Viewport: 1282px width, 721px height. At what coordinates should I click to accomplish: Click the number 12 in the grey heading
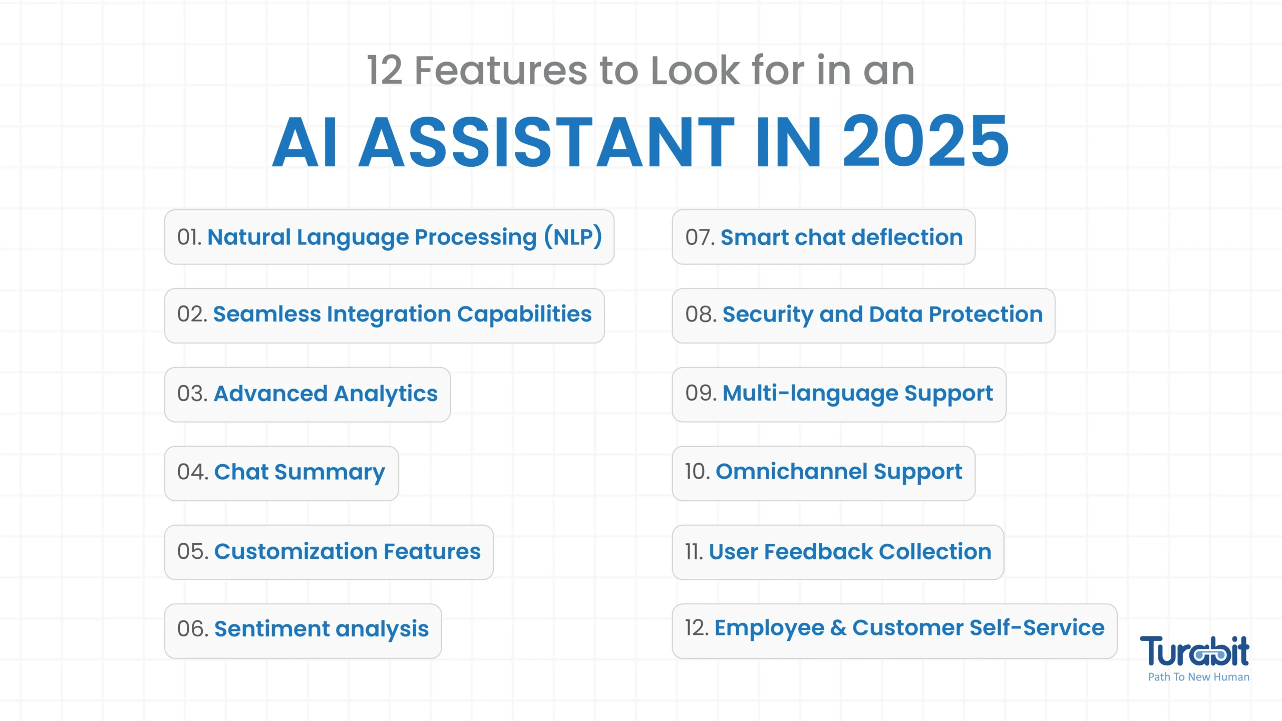pyautogui.click(x=385, y=71)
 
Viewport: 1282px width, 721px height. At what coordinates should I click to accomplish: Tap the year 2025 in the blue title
pyautogui.click(x=925, y=141)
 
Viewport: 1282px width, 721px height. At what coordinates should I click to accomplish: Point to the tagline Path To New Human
pyautogui.click(x=1198, y=677)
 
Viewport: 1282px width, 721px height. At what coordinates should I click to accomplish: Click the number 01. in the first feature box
pyautogui.click(x=189, y=237)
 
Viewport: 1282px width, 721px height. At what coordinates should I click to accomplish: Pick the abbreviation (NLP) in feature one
pyautogui.click(x=573, y=237)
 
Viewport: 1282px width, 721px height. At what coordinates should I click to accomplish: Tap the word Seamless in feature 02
pyautogui.click(x=267, y=314)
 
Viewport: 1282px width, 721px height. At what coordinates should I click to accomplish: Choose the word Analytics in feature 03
pyautogui.click(x=386, y=394)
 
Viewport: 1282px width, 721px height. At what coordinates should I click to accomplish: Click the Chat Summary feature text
pyautogui.click(x=299, y=473)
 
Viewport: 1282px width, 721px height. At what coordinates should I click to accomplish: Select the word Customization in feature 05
pyautogui.click(x=296, y=552)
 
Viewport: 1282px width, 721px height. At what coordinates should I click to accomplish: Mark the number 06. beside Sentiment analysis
pyautogui.click(x=193, y=629)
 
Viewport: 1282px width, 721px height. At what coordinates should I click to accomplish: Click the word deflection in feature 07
pyautogui.click(x=907, y=237)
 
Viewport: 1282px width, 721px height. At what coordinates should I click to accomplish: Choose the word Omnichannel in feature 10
pyautogui.click(x=792, y=472)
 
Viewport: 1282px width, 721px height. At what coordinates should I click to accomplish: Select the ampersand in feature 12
pyautogui.click(x=838, y=628)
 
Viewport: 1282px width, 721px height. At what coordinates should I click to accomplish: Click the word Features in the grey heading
pyautogui.click(x=501, y=71)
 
